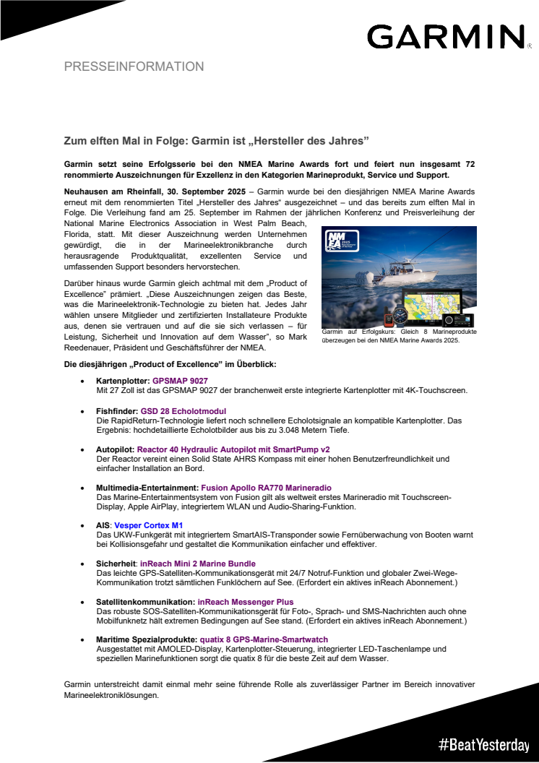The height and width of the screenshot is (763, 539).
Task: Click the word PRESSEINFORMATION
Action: (x=134, y=66)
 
